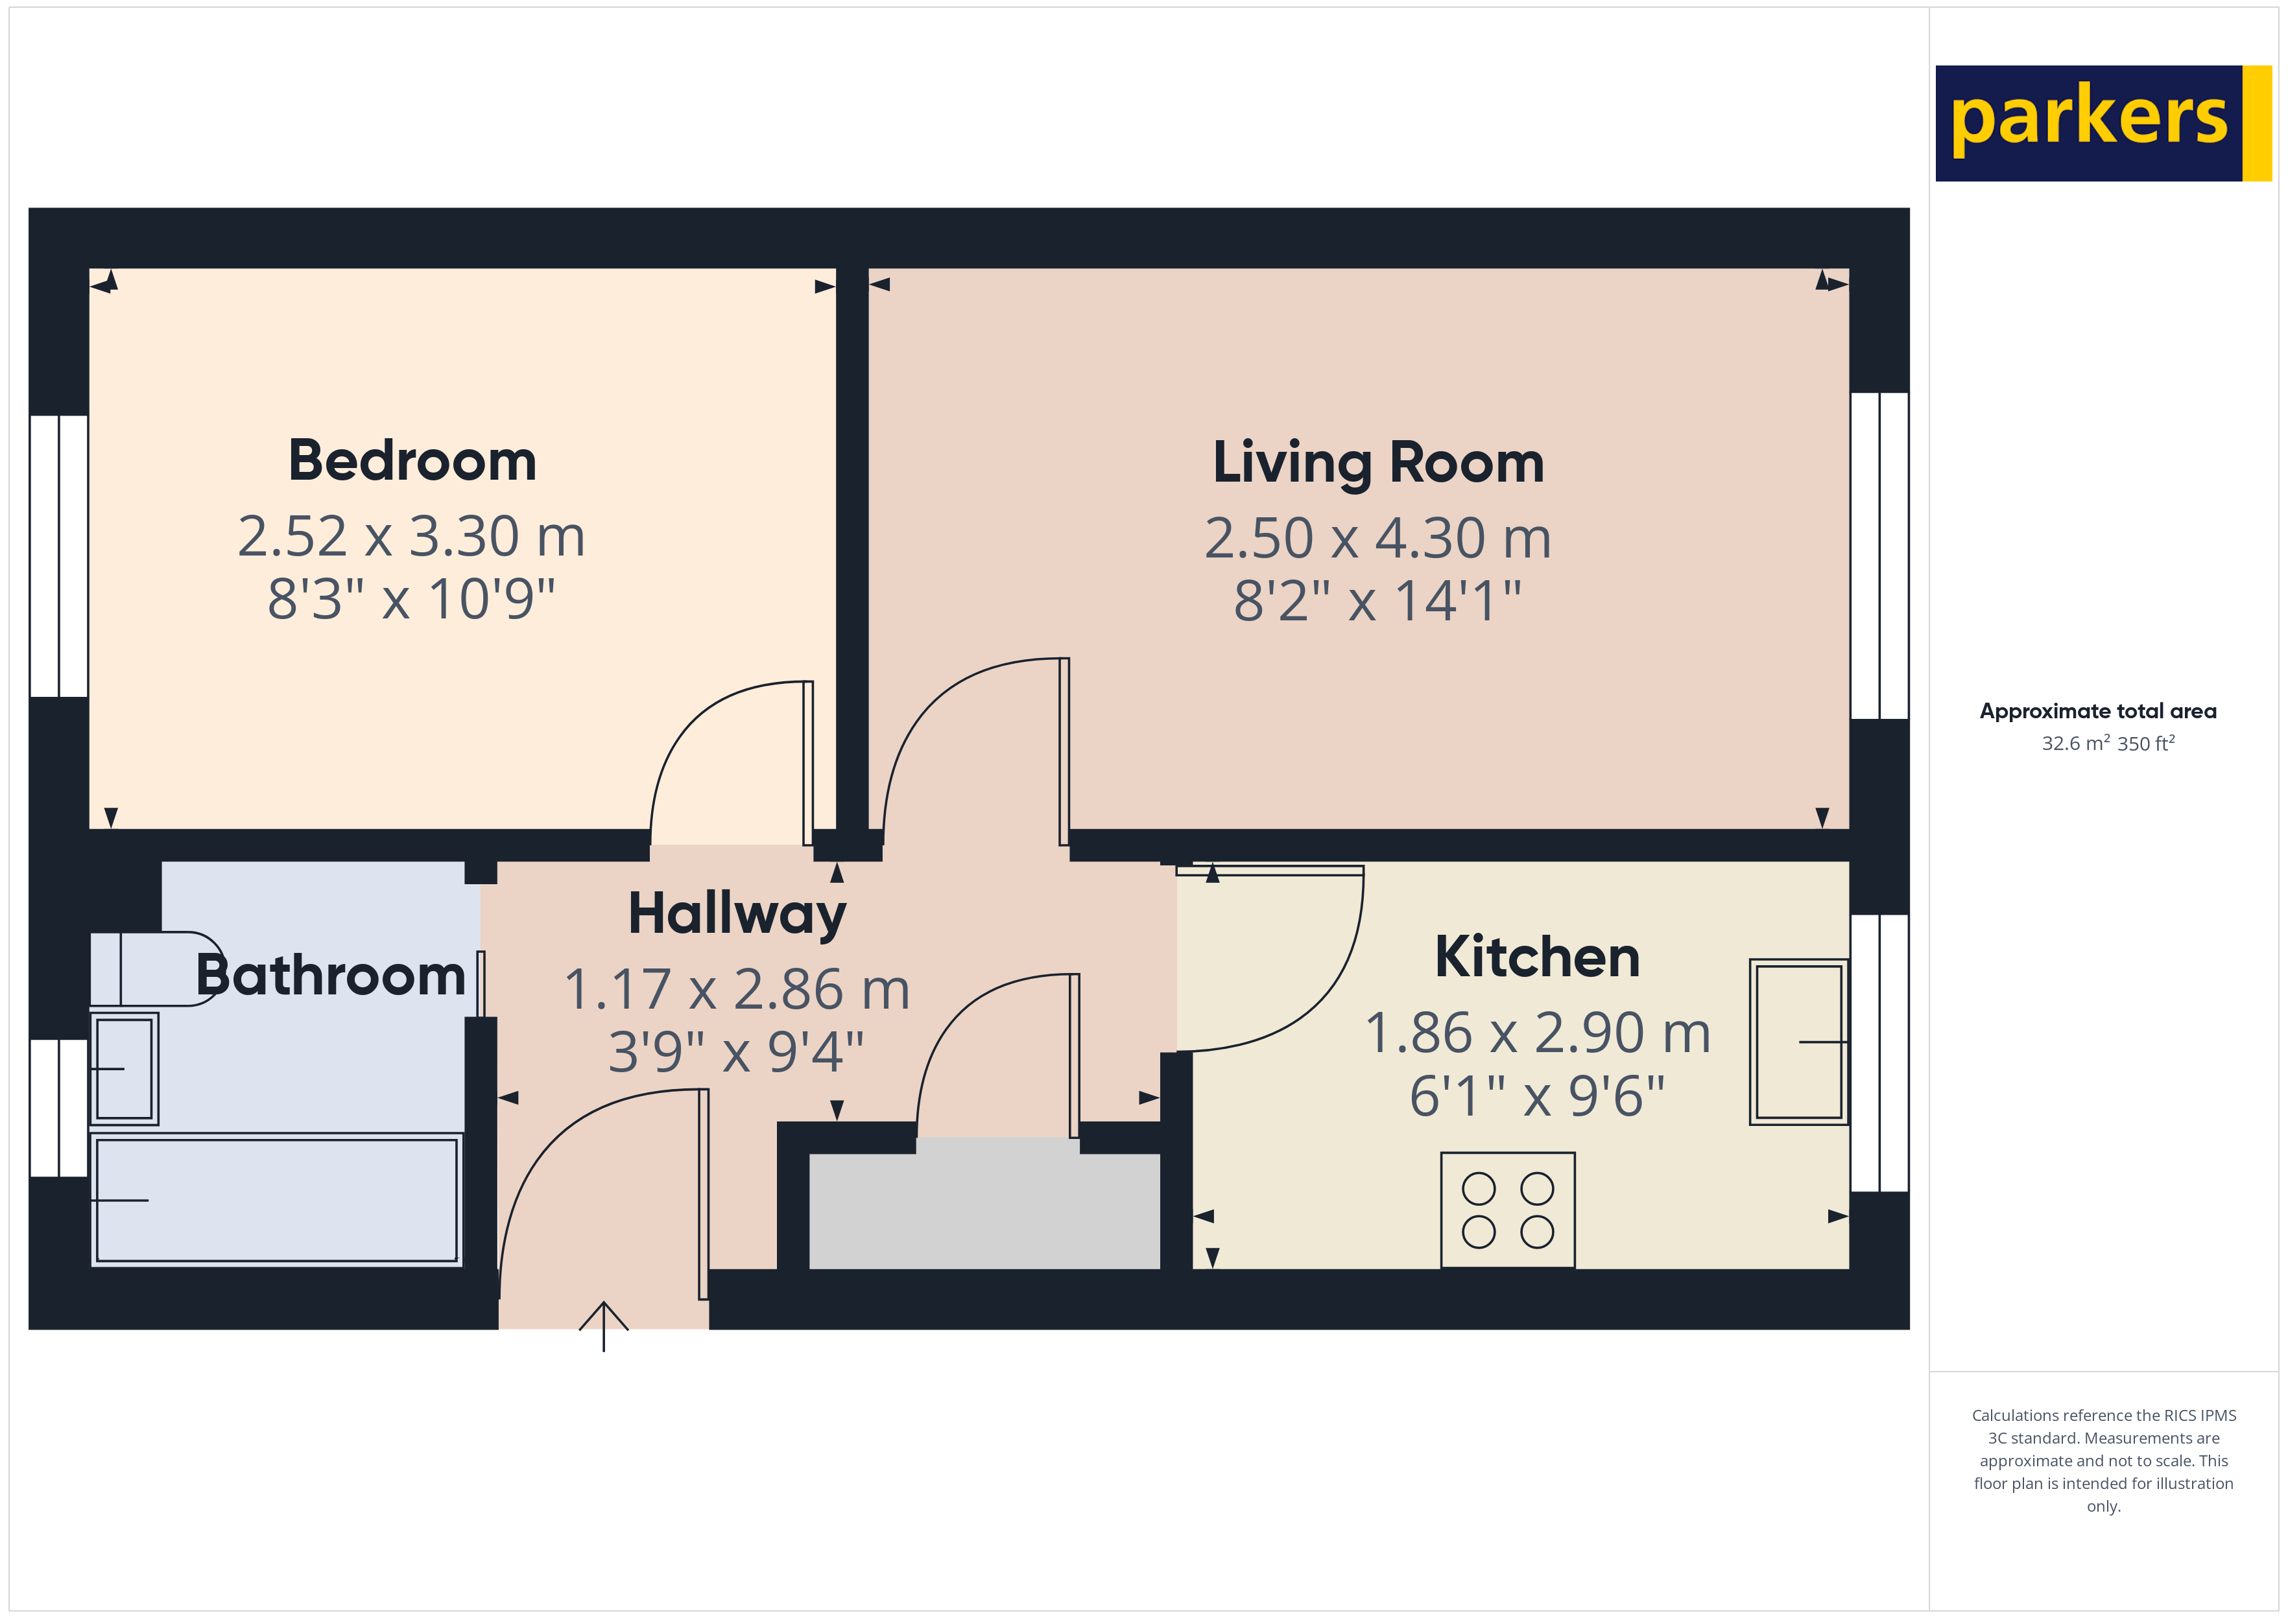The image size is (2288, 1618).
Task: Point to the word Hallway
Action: pos(737,913)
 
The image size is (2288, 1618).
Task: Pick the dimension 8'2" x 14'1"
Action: pos(1377,601)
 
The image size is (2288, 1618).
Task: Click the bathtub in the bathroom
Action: pos(276,1199)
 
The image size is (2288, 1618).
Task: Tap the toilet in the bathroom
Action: pos(154,968)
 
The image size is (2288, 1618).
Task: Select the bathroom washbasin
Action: pos(124,1068)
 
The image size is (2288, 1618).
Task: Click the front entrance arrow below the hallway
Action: pos(603,1325)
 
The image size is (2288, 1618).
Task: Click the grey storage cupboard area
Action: pos(984,1210)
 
